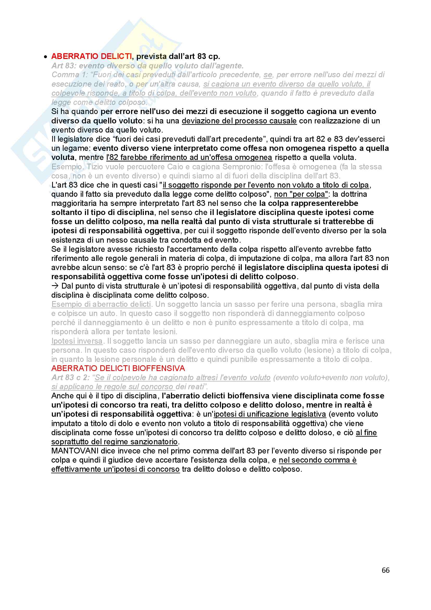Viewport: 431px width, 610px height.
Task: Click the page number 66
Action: [385, 578]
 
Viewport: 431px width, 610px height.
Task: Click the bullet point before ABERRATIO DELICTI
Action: [46, 57]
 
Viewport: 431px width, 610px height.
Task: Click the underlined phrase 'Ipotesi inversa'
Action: [77, 341]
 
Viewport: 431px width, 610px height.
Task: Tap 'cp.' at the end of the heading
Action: [215, 56]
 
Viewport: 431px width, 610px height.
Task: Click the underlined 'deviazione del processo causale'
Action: [239, 121]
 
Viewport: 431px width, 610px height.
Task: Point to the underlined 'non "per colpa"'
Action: [301, 194]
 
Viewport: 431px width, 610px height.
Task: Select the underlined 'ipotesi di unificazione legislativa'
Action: [270, 414]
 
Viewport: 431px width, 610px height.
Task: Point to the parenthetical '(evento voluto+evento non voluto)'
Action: [330, 378]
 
